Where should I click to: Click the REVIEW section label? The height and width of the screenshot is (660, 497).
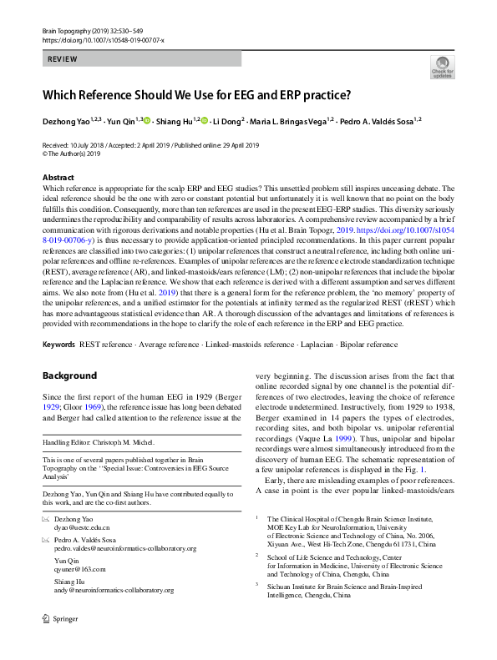(x=63, y=60)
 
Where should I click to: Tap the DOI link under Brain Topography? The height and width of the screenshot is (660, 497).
(x=103, y=39)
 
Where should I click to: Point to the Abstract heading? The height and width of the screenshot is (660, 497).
(x=58, y=178)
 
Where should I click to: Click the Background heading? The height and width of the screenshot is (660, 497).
(x=70, y=375)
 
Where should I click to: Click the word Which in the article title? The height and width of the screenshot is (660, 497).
(x=63, y=94)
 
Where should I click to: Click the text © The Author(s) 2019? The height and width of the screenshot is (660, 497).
(x=71, y=154)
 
